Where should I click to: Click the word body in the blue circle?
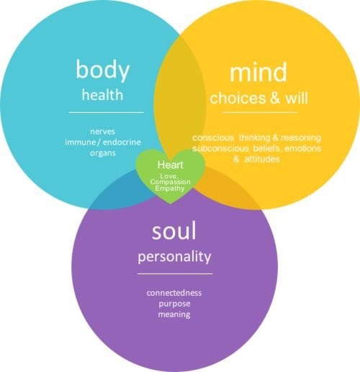click(103, 70)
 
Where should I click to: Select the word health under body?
click(102, 94)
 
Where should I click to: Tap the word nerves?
click(102, 132)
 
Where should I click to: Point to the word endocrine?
click(122, 142)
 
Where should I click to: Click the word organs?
click(103, 153)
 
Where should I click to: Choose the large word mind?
click(258, 72)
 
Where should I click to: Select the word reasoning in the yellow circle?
click(301, 138)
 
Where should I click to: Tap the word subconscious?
click(220, 148)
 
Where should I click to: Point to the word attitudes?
click(262, 159)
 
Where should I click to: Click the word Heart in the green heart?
click(170, 165)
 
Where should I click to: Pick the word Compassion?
click(170, 182)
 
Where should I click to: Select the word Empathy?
click(170, 188)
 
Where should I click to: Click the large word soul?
click(174, 231)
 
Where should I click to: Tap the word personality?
click(174, 257)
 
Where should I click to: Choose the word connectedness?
click(174, 293)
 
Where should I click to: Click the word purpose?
click(174, 304)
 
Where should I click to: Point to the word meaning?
click(174, 314)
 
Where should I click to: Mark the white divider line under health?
click(107, 112)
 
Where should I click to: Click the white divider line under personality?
click(175, 273)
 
